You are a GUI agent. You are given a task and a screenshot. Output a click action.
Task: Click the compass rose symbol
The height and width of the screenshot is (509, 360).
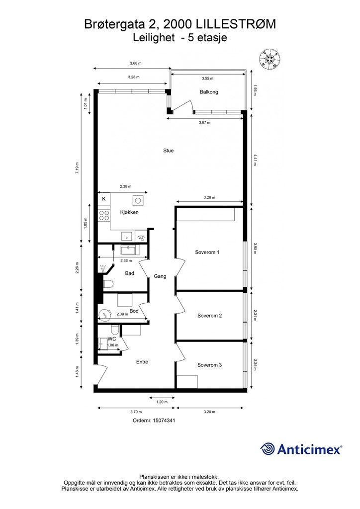tap(270, 59)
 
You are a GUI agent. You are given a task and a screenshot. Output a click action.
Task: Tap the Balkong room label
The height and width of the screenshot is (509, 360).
tap(209, 92)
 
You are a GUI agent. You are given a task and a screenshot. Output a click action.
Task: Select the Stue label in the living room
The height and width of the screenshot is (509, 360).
tap(168, 151)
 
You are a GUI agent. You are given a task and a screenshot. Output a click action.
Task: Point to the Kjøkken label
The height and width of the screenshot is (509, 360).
tap(129, 212)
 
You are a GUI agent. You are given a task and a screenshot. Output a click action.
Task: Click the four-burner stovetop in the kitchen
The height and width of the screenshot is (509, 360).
tap(104, 215)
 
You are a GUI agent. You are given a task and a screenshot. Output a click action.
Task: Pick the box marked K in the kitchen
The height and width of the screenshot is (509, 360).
tap(104, 199)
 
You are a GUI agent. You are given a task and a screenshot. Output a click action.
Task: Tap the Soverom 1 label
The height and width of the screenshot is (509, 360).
tap(207, 252)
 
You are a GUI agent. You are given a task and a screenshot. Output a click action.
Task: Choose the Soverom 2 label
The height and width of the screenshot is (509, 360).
tap(209, 316)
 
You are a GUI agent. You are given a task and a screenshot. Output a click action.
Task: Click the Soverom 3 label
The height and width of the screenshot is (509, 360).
tap(209, 365)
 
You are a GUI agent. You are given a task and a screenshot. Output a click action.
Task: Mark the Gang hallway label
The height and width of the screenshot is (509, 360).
tap(160, 276)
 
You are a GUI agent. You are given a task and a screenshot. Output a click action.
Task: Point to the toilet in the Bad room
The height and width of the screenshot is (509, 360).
tap(108, 284)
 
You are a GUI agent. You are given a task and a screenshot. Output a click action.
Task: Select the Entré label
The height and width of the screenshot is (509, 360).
tap(142, 362)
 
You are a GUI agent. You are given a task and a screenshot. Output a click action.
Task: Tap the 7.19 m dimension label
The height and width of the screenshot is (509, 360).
tap(77, 168)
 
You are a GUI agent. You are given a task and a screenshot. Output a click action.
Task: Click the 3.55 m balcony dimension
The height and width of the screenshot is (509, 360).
tap(207, 78)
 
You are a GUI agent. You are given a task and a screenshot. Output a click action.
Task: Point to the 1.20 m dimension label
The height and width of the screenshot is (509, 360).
tap(162, 402)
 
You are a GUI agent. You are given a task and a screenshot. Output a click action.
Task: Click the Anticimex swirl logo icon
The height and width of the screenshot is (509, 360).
tap(268, 449)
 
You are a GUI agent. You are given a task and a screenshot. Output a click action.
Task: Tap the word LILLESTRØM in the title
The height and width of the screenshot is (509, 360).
tap(234, 24)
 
